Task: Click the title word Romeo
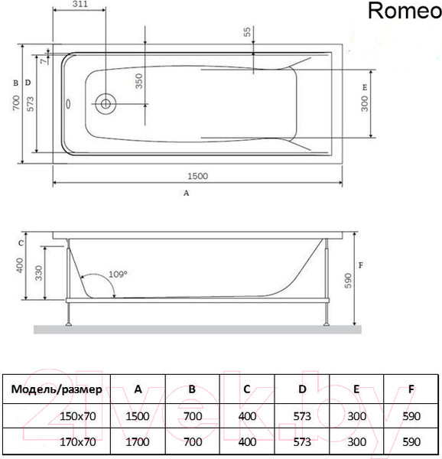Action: pyautogui.click(x=403, y=11)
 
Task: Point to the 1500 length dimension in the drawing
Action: pyautogui.click(x=197, y=176)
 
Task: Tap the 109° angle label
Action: pyautogui.click(x=118, y=273)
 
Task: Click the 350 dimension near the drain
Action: pyautogui.click(x=139, y=81)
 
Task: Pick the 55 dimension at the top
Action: pyautogui.click(x=247, y=32)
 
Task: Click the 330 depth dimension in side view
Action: pyautogui.click(x=37, y=273)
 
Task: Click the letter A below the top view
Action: pyautogui.click(x=186, y=194)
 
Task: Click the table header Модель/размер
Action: pyautogui.click(x=57, y=389)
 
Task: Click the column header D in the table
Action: pyautogui.click(x=302, y=389)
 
